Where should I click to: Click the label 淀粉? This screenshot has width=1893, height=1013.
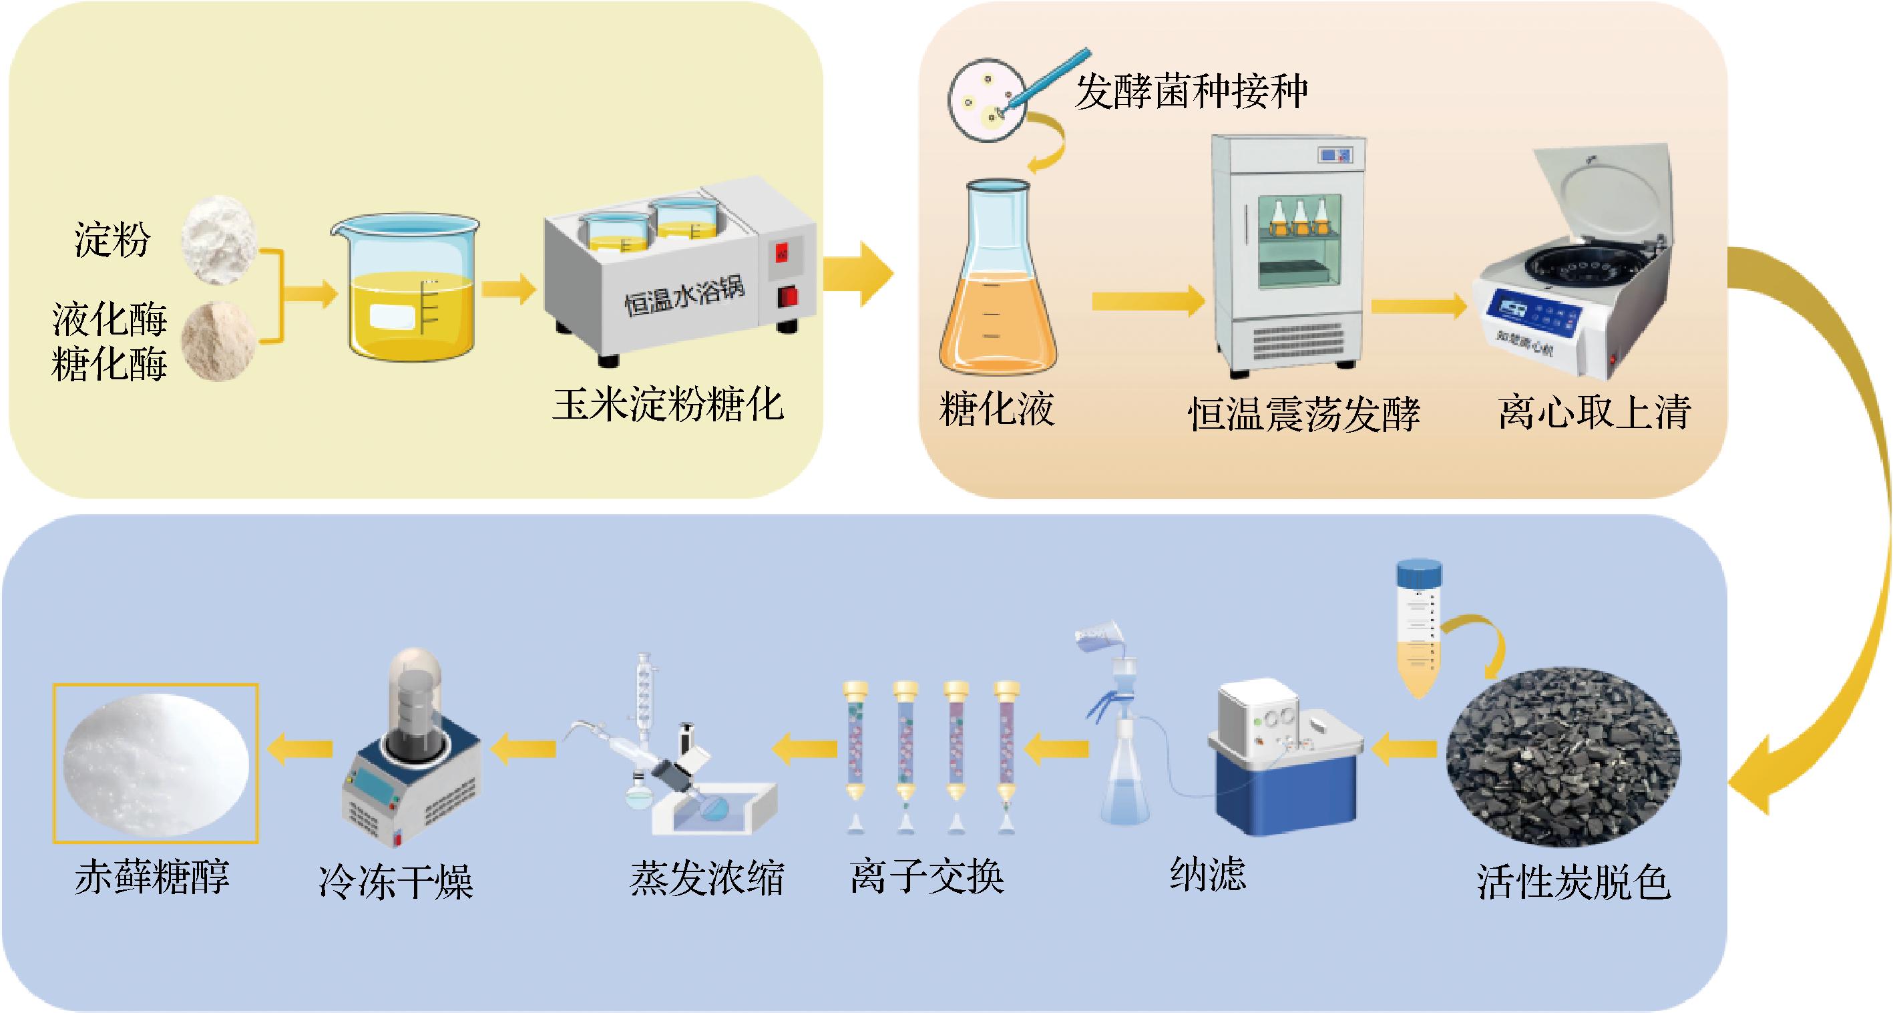[112, 240]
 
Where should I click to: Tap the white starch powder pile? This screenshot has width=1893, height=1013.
[220, 239]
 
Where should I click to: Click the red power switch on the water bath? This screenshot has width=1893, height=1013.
[789, 297]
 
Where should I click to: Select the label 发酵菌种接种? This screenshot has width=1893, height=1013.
[1191, 92]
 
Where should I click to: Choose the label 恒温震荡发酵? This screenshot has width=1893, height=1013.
[1303, 415]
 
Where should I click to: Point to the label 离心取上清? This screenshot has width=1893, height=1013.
[1595, 411]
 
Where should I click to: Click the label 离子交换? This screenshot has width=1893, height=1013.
[927, 876]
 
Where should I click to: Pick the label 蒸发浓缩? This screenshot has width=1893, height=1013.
[707, 879]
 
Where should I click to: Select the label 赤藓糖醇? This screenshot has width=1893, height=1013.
[152, 877]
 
